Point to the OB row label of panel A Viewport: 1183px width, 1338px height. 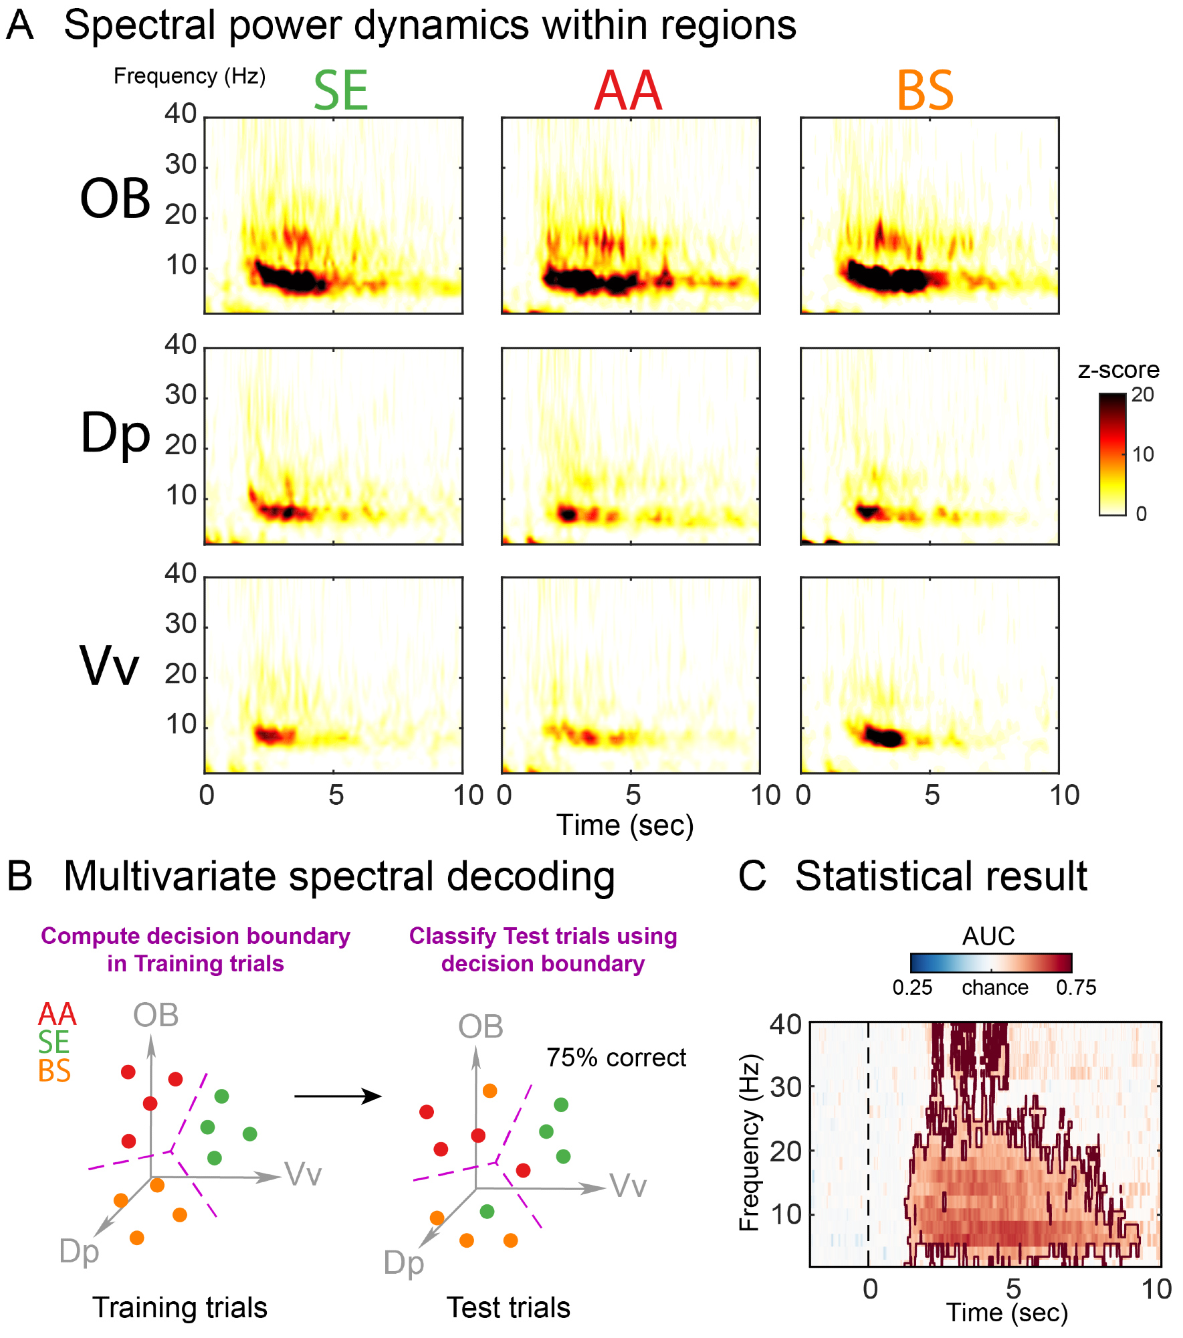click(x=115, y=199)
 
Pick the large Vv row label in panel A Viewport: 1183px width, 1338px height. click(x=110, y=666)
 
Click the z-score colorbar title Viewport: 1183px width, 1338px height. click(x=1118, y=370)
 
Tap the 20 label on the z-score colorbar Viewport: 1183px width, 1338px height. click(x=1142, y=395)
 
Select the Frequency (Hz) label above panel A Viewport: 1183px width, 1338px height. click(x=189, y=76)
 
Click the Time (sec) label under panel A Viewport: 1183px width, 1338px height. click(x=625, y=825)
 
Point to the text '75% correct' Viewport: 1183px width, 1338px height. click(x=616, y=1058)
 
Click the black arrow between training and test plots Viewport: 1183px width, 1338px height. click(x=338, y=1096)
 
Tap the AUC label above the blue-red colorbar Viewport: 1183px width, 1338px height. click(x=988, y=936)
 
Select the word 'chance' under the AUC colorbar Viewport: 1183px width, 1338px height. click(x=995, y=987)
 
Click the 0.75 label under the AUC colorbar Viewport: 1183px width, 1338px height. click(x=1076, y=987)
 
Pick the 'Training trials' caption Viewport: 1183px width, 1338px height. click(x=180, y=1307)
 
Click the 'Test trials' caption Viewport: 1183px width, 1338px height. click(x=508, y=1307)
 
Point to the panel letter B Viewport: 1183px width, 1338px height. click(x=19, y=876)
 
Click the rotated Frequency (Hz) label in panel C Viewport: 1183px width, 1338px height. click(x=750, y=1143)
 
